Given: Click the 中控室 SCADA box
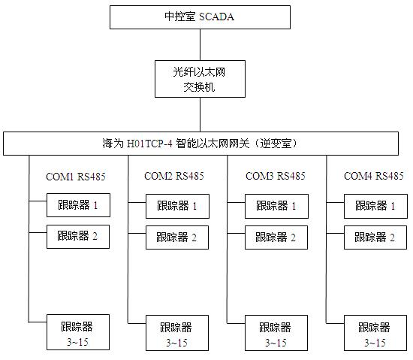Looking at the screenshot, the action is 200,17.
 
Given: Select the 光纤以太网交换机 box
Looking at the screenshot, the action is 200,79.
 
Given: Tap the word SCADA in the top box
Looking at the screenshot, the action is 216,17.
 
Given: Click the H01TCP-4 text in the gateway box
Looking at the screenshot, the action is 149,144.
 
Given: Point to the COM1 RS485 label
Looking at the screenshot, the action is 76,177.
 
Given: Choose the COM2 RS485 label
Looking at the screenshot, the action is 174,176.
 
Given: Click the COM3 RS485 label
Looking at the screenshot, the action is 276,176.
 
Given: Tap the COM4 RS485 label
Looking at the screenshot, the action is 374,176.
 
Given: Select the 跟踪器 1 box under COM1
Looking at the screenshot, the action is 78,205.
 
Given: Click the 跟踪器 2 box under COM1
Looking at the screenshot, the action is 78,237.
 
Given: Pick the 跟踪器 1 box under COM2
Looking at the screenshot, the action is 177,207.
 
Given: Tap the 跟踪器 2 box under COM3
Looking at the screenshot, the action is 276,237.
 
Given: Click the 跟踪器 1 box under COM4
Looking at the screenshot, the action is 375,207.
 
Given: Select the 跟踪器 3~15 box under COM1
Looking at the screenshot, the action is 78,332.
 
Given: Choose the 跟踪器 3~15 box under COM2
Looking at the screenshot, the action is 177,333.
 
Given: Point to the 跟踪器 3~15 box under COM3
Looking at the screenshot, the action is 276,333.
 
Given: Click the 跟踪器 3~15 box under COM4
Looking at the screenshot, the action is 375,333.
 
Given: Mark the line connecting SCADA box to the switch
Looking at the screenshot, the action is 200,45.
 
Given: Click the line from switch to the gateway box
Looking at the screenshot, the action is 200,115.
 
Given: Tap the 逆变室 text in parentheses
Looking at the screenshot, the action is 276,144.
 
